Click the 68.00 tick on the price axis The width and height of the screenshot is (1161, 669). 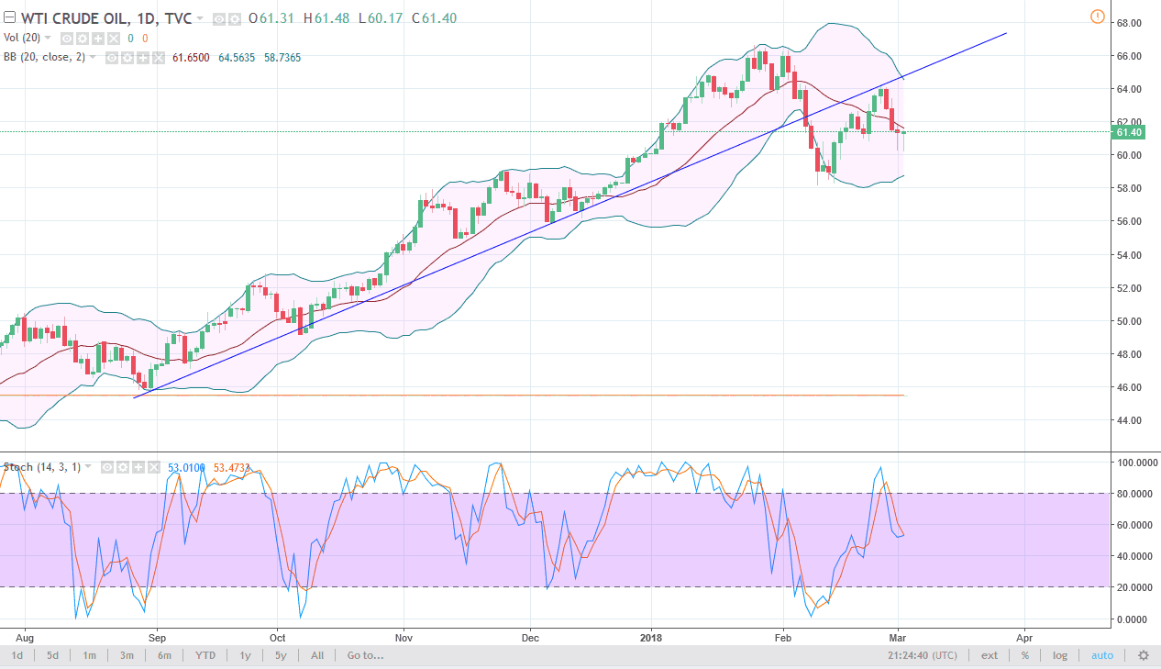[1128, 23]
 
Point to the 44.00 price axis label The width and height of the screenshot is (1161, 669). [1128, 420]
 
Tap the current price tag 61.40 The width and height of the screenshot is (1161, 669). [1129, 132]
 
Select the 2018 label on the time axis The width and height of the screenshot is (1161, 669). [651, 636]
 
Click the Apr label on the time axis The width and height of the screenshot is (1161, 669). [1023, 636]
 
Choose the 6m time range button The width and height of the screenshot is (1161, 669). [164, 655]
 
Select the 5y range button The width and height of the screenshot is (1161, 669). [280, 655]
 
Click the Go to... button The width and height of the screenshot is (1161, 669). [365, 655]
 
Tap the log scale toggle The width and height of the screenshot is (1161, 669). [1059, 655]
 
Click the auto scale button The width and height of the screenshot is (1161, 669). [1101, 655]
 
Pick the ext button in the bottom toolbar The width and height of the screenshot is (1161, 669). [990, 655]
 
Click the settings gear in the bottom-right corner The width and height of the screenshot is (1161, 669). [1143, 655]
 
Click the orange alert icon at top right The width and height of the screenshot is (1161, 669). [1098, 17]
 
